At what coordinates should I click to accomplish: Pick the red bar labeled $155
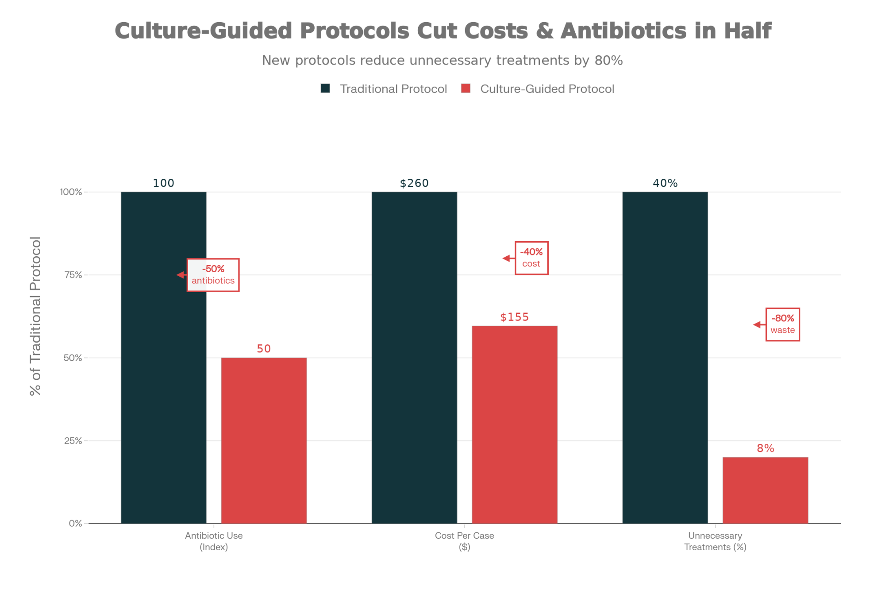(514, 424)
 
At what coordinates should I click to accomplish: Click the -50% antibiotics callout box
(213, 275)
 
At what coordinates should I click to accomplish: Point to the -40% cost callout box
(531, 258)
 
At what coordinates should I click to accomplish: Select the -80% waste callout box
(782, 324)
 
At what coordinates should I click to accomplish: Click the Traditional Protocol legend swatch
(325, 89)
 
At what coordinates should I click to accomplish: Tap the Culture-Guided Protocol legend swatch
(466, 89)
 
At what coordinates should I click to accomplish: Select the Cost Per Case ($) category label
(464, 541)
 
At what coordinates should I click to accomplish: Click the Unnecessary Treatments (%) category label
(715, 541)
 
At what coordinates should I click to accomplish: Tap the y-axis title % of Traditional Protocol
(35, 316)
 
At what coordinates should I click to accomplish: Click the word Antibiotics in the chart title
(623, 31)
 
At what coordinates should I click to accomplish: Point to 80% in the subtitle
(608, 60)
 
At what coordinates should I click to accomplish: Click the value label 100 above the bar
(163, 183)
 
